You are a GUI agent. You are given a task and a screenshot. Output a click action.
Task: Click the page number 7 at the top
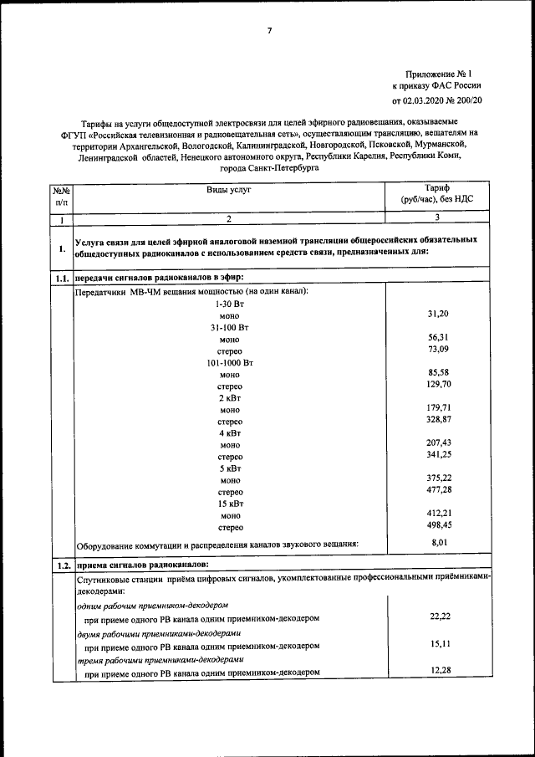coord(269,31)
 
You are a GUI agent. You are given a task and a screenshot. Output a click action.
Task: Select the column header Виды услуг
coord(229,190)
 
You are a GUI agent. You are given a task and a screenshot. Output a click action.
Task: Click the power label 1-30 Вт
coord(229,304)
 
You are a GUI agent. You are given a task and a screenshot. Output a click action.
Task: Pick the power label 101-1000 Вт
coord(229,364)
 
